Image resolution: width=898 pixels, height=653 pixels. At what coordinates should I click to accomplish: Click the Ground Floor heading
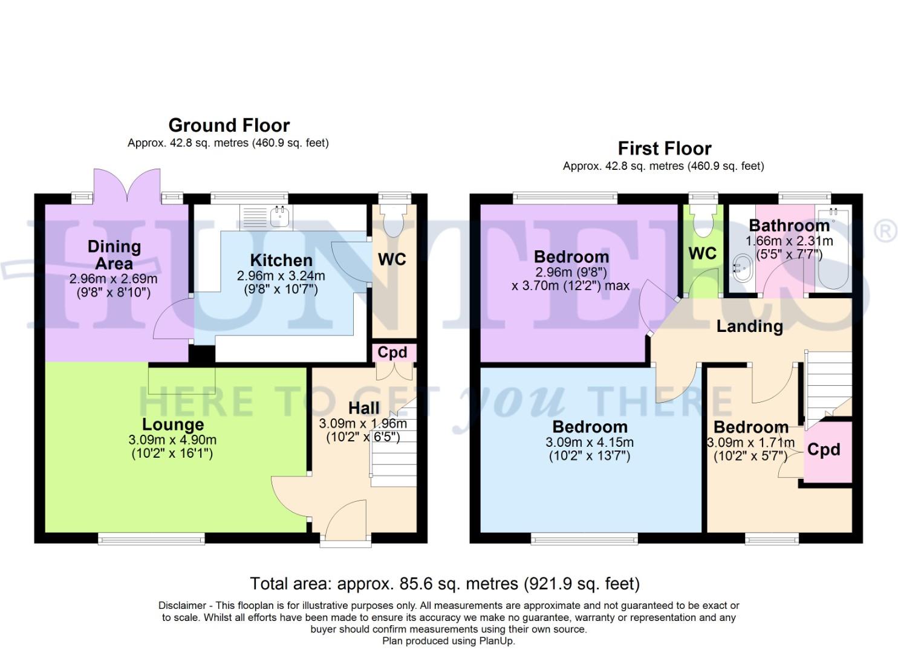tap(229, 125)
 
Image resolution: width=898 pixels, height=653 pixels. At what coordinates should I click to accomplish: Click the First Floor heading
tap(664, 148)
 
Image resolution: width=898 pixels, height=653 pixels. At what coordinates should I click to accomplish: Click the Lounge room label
tap(172, 424)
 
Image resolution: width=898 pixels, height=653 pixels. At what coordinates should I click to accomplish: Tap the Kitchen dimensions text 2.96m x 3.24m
tap(281, 276)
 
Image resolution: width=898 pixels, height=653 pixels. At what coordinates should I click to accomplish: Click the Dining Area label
tap(114, 255)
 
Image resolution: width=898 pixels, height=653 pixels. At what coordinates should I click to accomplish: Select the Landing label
tap(749, 326)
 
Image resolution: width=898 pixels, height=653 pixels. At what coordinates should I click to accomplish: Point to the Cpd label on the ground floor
tap(392, 352)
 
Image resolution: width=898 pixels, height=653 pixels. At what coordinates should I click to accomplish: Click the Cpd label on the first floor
tap(824, 450)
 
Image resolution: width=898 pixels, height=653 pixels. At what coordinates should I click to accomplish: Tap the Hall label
tap(363, 408)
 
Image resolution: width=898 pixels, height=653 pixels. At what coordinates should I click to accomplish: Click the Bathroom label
tap(789, 226)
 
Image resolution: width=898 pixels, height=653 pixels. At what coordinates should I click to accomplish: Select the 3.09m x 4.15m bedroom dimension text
tap(589, 442)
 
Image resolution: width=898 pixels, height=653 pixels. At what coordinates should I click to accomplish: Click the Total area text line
tap(444, 583)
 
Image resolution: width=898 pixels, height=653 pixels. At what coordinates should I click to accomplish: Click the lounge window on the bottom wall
tap(151, 538)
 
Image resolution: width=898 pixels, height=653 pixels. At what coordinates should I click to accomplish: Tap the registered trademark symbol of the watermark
tap(886, 232)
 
